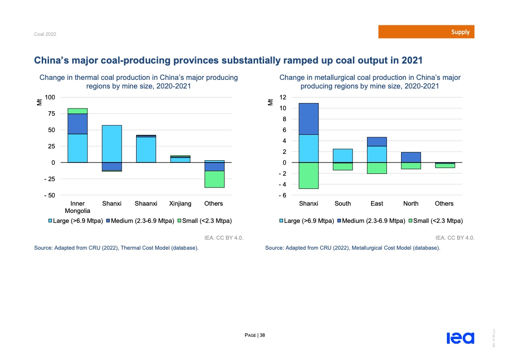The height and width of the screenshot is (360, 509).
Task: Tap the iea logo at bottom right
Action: coord(460,338)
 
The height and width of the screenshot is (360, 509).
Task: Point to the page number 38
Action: coord(263,335)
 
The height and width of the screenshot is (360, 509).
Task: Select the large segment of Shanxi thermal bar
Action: coord(112,143)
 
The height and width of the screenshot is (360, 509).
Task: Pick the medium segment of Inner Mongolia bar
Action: coord(78,123)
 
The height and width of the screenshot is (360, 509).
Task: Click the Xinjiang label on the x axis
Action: coord(180,204)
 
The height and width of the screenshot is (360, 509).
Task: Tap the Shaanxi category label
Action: coord(146,204)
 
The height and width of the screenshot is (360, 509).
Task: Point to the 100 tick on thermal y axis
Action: coord(50,97)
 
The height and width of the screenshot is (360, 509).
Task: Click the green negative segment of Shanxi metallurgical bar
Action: coord(308,175)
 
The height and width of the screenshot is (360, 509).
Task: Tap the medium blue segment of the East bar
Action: coord(377,142)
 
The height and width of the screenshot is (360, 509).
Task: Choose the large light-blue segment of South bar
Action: coord(343,156)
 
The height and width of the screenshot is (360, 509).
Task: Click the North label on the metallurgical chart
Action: coord(411,204)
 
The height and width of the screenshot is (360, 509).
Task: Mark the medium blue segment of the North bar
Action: coord(411,157)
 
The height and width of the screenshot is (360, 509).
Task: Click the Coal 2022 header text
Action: coord(45,35)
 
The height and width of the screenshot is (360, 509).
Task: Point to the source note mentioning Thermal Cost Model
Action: coord(116,248)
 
